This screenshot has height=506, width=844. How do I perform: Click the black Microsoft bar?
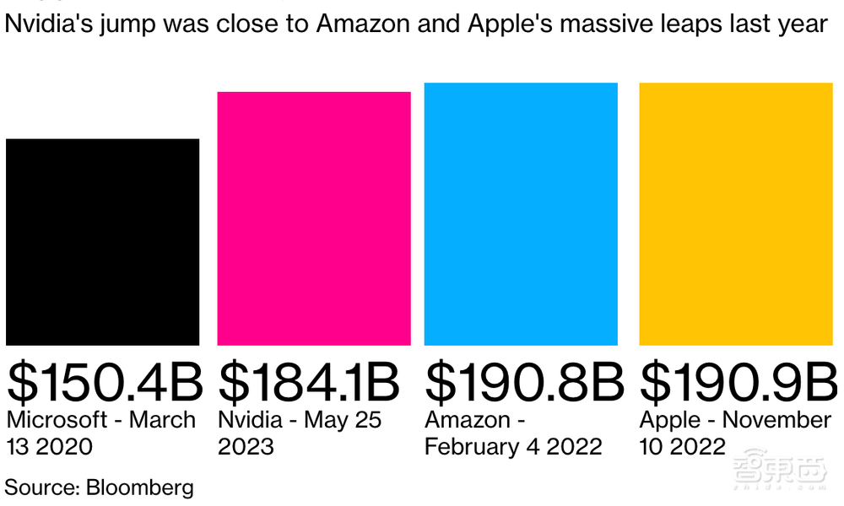(x=102, y=242)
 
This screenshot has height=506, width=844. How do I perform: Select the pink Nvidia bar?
(x=314, y=218)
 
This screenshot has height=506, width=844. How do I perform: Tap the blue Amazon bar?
(x=521, y=214)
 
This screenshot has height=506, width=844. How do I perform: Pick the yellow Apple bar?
(x=736, y=214)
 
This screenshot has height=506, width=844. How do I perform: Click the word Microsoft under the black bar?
(x=57, y=420)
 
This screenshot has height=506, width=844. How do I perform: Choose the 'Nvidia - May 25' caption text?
(x=300, y=420)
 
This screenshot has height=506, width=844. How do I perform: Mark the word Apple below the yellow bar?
(x=671, y=420)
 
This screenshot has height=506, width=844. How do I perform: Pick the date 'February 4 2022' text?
(x=513, y=446)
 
